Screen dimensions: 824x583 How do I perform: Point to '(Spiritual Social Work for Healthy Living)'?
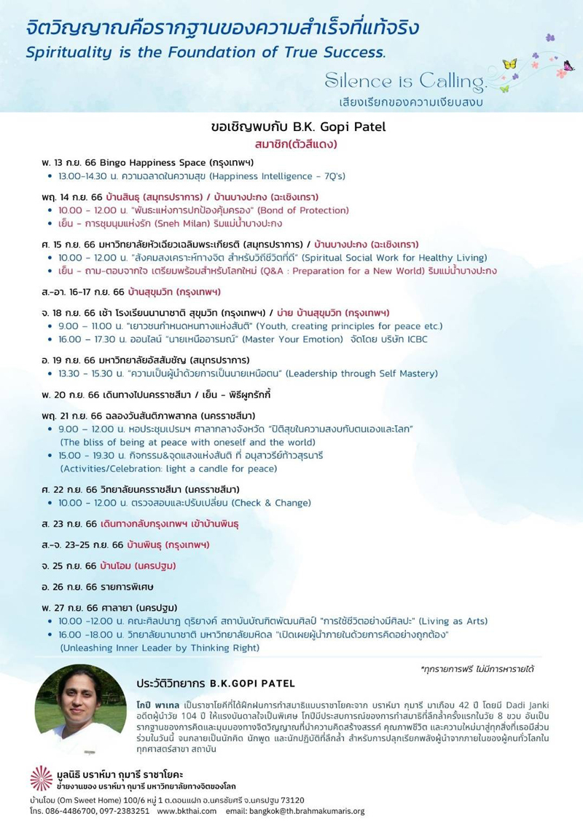(395, 257)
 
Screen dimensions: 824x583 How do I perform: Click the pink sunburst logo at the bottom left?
(41, 777)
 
